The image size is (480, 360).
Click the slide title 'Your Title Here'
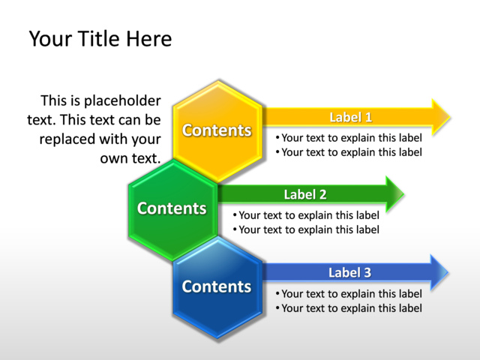pyautogui.click(x=100, y=38)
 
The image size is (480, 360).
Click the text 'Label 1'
pyautogui.click(x=351, y=117)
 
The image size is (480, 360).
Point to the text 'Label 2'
pyautogui.click(x=305, y=195)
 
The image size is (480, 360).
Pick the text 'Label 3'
pyautogui.click(x=349, y=272)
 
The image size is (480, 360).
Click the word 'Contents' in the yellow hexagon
pyautogui.click(x=217, y=130)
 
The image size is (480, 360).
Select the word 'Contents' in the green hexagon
pyautogui.click(x=172, y=208)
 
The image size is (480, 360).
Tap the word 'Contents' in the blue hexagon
pyautogui.click(x=216, y=286)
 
